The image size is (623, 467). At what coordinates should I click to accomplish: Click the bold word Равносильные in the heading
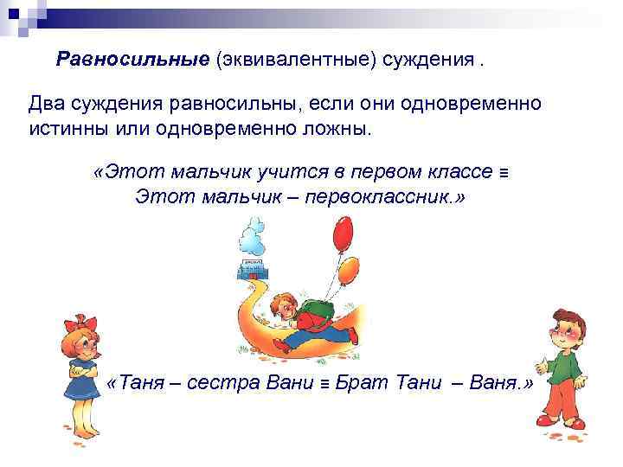point(132,59)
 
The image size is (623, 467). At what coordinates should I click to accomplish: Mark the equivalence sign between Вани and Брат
point(324,383)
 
